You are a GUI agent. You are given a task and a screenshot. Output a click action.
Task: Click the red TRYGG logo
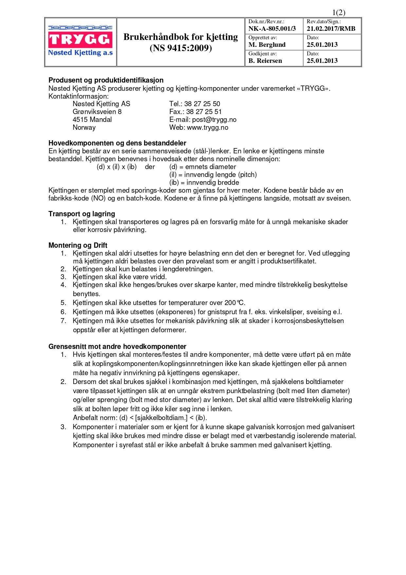(x=80, y=40)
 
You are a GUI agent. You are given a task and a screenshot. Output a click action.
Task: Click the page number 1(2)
(x=339, y=13)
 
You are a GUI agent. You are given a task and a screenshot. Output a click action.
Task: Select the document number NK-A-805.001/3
(x=272, y=29)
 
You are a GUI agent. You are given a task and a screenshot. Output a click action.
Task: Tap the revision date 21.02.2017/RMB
(x=331, y=29)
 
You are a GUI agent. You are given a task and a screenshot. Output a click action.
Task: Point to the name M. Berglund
(x=267, y=45)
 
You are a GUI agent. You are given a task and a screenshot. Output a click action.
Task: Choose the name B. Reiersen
(x=265, y=61)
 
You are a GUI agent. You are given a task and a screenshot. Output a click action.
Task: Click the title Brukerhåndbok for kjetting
(x=180, y=37)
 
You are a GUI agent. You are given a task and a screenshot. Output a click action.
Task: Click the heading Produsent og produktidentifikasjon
(x=106, y=80)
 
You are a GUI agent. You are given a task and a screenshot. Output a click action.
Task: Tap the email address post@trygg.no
(x=214, y=120)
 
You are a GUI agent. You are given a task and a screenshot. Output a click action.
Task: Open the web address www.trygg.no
(x=208, y=127)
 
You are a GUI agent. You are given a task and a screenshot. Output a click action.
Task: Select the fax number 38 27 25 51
(x=204, y=112)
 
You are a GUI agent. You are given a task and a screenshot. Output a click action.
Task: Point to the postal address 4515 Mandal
(x=92, y=120)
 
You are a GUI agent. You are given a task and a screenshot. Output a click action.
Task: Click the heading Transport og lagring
(x=82, y=214)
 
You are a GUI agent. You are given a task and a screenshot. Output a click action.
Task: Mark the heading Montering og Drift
(x=78, y=245)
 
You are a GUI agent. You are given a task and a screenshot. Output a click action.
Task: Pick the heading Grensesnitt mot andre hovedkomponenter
(x=117, y=347)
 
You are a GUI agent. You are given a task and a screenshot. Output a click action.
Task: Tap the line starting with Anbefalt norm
(x=140, y=418)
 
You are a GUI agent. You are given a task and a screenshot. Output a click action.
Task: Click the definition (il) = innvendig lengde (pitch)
(x=213, y=175)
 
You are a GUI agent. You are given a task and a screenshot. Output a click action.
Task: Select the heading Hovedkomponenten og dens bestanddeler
(x=117, y=143)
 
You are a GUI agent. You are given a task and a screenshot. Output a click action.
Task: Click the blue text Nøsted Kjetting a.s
(x=80, y=53)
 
